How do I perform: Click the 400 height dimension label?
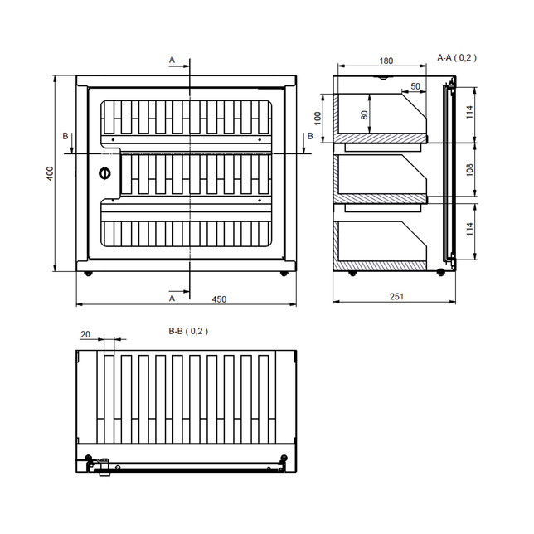(x=50, y=173)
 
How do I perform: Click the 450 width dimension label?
(x=219, y=299)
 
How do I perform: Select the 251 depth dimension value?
(x=396, y=297)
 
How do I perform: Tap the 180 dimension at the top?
(x=386, y=61)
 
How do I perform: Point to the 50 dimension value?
(x=415, y=86)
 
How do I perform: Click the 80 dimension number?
(x=364, y=114)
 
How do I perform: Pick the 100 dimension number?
(x=318, y=119)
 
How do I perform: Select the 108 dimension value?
(x=469, y=170)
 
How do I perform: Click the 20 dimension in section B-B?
(x=85, y=334)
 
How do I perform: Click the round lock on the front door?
(x=104, y=173)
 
